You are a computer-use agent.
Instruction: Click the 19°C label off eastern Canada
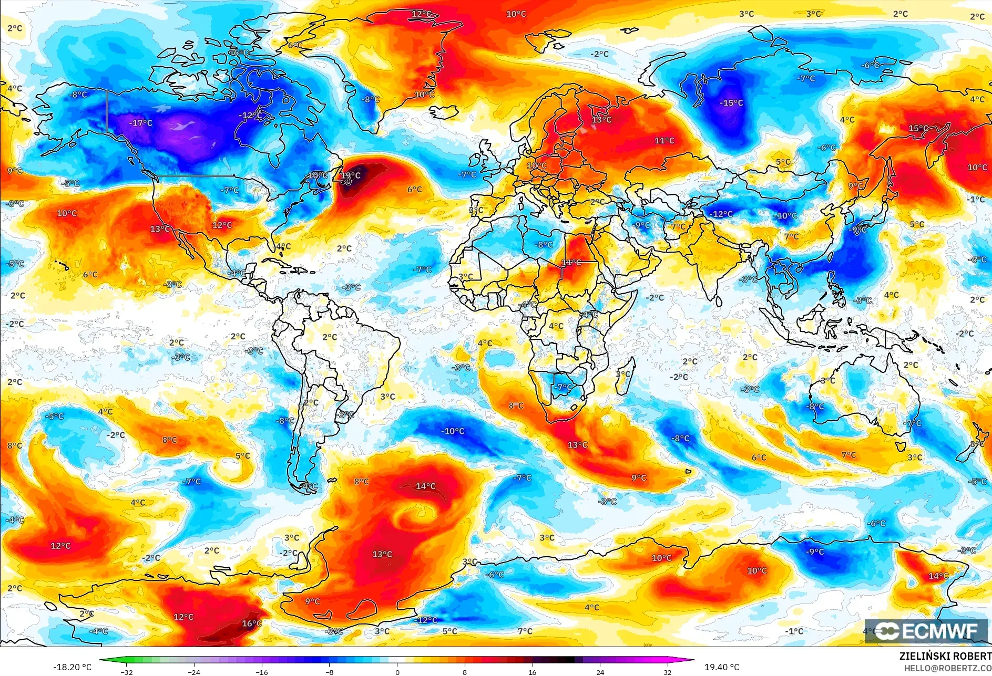(x=351, y=175)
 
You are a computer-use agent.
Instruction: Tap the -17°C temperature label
(x=141, y=123)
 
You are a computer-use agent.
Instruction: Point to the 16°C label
(x=252, y=623)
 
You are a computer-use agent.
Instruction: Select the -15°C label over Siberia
(x=731, y=103)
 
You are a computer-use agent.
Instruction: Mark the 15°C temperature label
(x=918, y=128)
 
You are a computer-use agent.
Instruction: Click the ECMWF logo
(x=926, y=631)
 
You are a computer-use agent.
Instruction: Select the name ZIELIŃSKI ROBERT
(x=945, y=656)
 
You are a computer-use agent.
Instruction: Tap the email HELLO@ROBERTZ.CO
(x=947, y=668)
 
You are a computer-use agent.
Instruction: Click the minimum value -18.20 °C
(x=72, y=667)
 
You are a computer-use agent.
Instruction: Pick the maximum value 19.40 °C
(x=722, y=667)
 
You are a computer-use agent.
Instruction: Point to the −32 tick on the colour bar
(x=127, y=672)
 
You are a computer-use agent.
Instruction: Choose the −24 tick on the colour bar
(x=195, y=672)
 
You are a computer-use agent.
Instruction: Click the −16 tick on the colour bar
(x=262, y=672)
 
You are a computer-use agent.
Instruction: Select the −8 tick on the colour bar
(x=330, y=672)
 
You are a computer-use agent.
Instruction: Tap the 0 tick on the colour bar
(x=397, y=672)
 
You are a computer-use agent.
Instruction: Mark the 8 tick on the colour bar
(x=465, y=672)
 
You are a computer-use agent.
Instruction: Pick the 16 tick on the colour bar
(x=533, y=672)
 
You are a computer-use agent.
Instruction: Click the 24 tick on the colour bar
(x=600, y=672)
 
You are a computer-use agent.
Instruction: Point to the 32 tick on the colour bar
(x=668, y=672)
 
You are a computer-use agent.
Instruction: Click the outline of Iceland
(x=443, y=112)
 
